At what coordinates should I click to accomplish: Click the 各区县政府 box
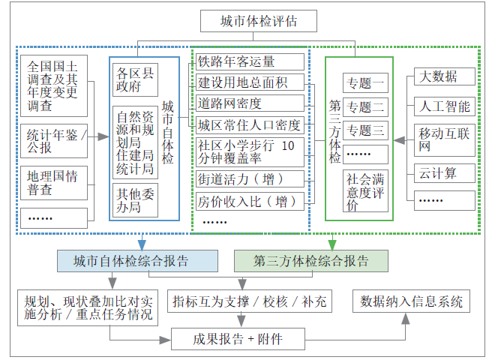[x=136, y=80]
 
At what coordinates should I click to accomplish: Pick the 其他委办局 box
[x=136, y=199]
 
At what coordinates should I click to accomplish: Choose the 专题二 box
[x=365, y=106]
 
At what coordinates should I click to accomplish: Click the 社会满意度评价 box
[x=365, y=192]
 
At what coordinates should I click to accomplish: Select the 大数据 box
[x=444, y=77]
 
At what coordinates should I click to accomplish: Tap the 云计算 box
[x=444, y=173]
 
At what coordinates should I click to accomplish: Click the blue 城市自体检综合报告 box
[x=138, y=260]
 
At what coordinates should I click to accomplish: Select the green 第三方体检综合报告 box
[x=311, y=260]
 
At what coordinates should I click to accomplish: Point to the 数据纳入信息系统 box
[x=412, y=301]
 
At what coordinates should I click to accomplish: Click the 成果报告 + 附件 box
[x=238, y=338]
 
